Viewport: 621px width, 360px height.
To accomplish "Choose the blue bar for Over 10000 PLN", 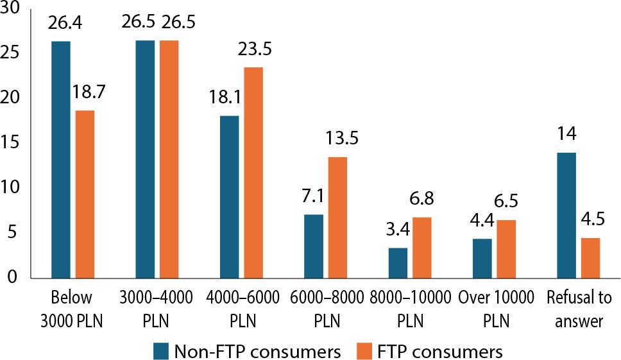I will coord(482,258).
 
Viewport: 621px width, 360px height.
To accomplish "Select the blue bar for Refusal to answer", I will coord(566,215).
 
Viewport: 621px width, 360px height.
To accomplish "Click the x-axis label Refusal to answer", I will coord(576,307).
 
